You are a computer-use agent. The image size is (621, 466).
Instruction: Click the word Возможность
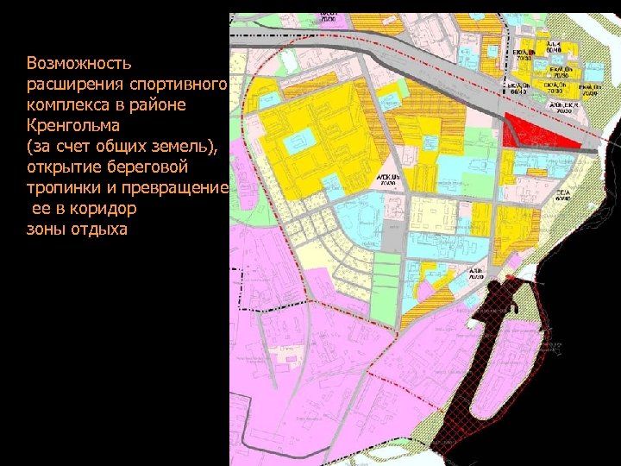click(x=78, y=63)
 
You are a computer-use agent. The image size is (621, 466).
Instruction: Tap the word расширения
click(x=72, y=84)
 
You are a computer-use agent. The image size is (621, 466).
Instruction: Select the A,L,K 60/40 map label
click(x=552, y=47)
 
